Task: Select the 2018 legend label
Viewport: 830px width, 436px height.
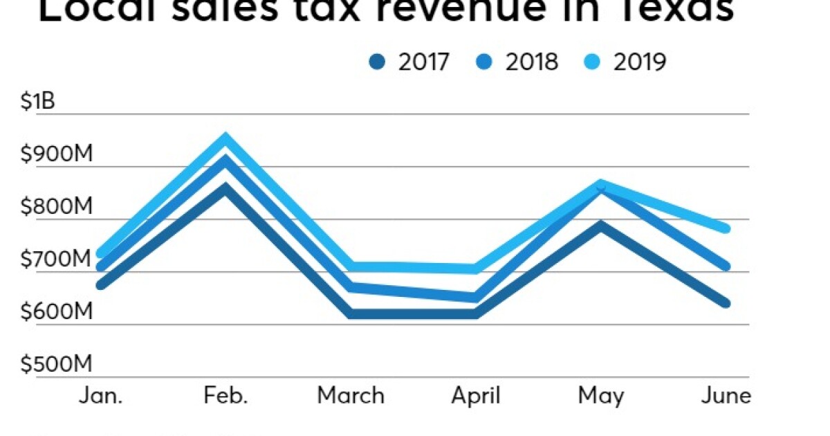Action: pos(531,62)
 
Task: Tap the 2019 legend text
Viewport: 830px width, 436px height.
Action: pos(639,62)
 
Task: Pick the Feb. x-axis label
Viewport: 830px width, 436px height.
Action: pos(225,396)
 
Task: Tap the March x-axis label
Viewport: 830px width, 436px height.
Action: pos(351,396)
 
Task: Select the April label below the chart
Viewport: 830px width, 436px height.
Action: pos(475,396)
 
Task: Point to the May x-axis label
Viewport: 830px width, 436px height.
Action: pos(600,396)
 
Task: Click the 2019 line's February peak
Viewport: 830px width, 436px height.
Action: pos(225,138)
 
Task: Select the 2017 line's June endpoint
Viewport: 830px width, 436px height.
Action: pos(725,303)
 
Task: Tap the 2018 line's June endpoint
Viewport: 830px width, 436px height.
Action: pos(725,266)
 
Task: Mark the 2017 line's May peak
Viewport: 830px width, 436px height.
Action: pos(600,225)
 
